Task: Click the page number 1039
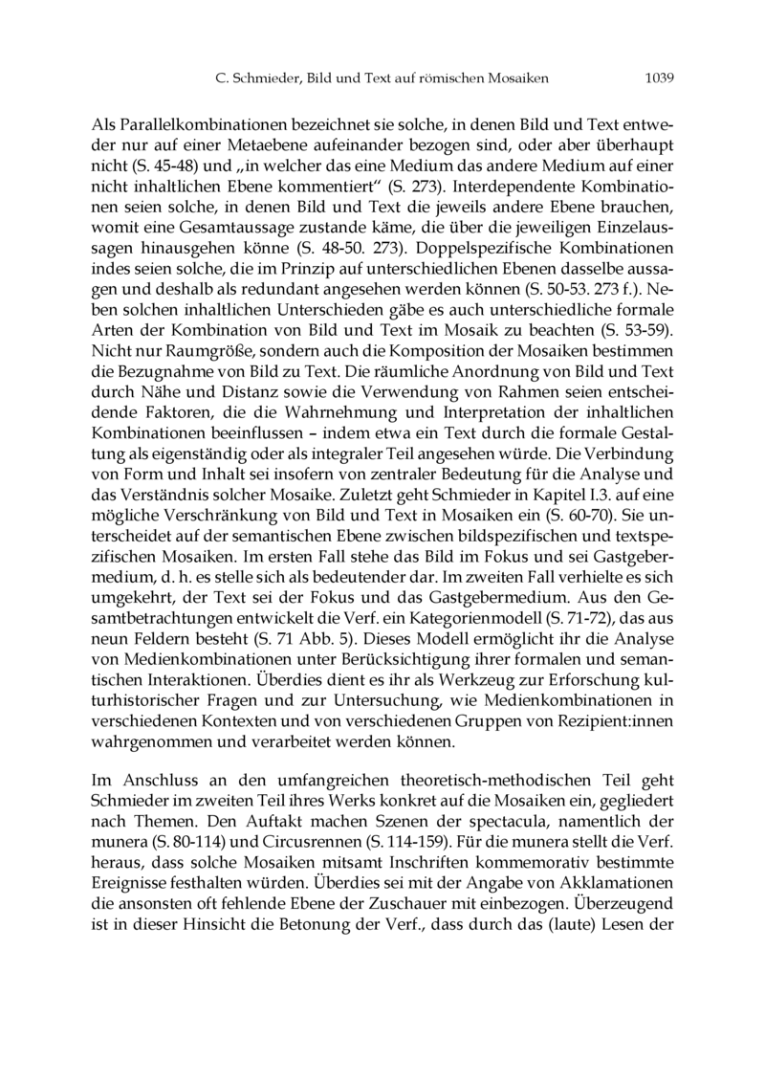[x=659, y=77]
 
